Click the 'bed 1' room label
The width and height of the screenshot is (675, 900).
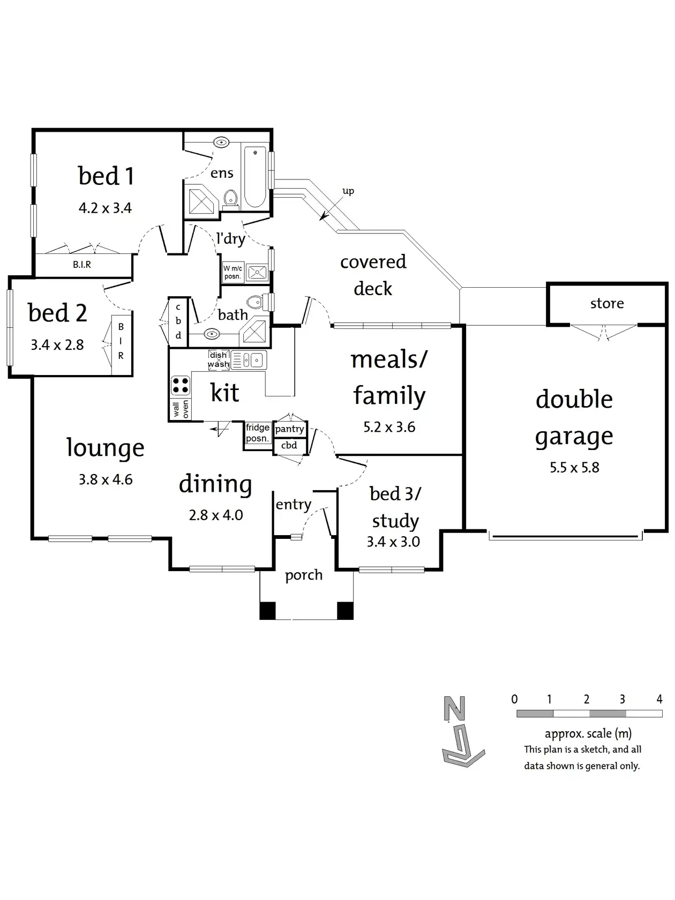point(106,176)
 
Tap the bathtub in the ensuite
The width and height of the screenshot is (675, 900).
point(255,176)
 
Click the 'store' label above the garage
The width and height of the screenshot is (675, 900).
point(606,304)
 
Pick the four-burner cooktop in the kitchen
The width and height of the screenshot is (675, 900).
point(180,385)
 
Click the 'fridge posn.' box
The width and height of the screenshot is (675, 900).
point(258,433)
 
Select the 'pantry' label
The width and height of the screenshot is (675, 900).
point(289,429)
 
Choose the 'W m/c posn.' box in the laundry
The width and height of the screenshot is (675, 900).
point(232,272)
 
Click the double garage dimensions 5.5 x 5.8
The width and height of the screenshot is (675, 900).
point(574,468)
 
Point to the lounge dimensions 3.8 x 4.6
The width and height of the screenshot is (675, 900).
point(106,479)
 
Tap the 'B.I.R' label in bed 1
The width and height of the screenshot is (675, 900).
point(82,265)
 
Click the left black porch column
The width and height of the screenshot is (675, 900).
point(267,610)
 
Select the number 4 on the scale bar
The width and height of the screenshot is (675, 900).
point(659,699)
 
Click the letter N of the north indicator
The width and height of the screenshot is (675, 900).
point(454,709)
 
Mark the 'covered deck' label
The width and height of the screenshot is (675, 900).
point(373,275)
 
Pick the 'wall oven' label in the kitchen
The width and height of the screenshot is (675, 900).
point(181,409)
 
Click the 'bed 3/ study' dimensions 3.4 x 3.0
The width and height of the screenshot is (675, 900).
point(393,542)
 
